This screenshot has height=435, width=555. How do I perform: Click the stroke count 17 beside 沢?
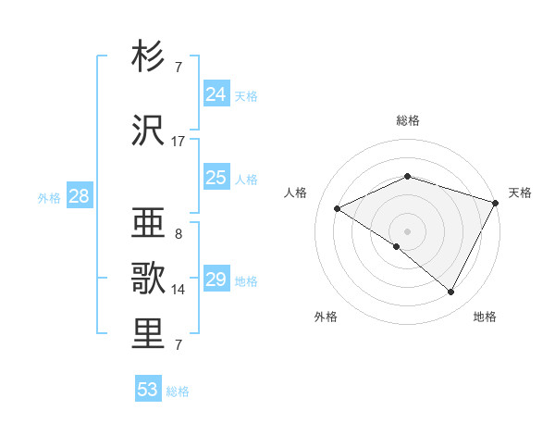(x=179, y=142)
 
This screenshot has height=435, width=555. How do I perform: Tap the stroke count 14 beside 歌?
(x=179, y=290)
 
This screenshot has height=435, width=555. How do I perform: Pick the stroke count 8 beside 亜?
(x=179, y=233)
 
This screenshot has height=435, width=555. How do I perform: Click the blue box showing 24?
(x=216, y=94)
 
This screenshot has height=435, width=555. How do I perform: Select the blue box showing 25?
(x=216, y=178)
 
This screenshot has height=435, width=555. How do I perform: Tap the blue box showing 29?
(x=216, y=280)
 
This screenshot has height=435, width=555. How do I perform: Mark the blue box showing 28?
(x=79, y=196)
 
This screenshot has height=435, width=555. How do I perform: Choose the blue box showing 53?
(x=148, y=390)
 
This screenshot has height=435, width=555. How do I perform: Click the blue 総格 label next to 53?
(x=179, y=391)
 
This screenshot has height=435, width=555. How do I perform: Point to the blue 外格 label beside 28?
(x=49, y=197)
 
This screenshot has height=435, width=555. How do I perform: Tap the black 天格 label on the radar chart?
(x=520, y=193)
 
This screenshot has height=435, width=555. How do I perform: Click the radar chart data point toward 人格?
(x=338, y=209)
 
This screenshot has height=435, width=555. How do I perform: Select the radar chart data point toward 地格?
(x=451, y=292)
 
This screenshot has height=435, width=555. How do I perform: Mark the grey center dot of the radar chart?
(x=407, y=230)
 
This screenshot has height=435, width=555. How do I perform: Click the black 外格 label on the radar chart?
(x=326, y=317)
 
